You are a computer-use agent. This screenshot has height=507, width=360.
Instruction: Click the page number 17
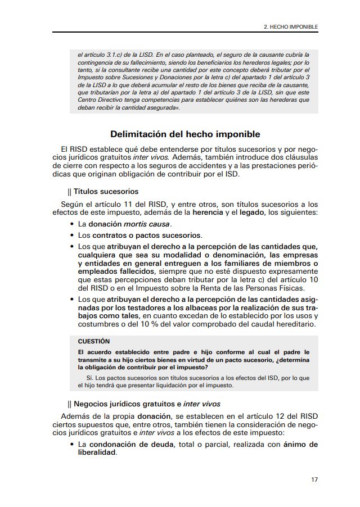314,479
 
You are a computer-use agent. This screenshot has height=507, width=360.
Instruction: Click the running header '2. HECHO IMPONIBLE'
291,26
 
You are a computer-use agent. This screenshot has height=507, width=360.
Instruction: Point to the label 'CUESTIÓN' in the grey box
93,341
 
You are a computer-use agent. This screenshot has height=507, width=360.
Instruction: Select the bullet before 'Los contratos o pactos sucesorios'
73,235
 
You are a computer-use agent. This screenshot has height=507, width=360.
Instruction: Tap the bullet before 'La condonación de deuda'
73,445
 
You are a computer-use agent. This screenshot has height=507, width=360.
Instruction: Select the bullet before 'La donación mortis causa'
73,224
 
